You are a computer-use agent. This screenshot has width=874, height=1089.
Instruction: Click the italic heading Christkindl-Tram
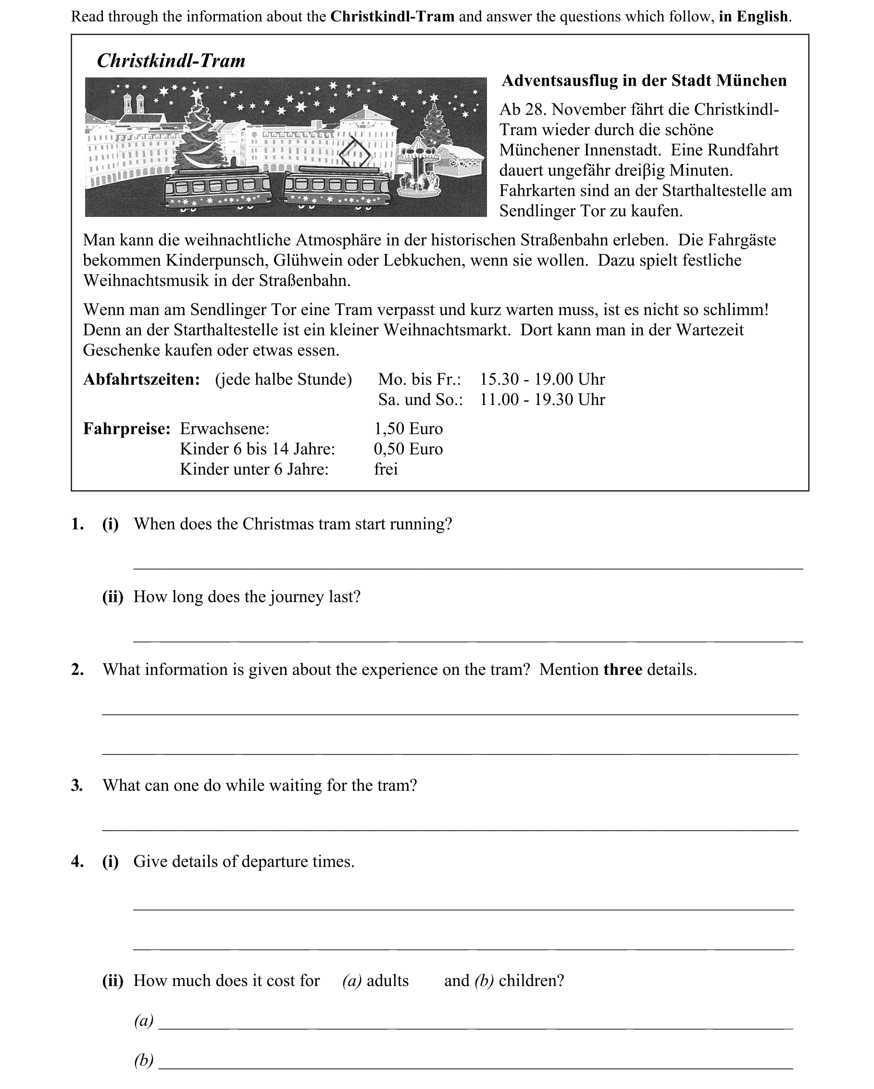coord(171,61)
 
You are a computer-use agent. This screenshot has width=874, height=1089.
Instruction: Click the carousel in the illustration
coord(418,167)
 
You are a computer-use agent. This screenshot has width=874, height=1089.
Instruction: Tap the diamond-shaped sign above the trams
coord(354,154)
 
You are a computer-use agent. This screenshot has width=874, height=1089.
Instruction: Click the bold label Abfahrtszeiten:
coord(141,380)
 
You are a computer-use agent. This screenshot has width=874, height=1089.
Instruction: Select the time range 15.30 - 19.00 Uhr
coord(542,380)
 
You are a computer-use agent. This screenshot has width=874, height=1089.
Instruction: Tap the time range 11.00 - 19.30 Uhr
coord(542,400)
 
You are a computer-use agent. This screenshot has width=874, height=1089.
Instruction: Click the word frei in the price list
coord(386,469)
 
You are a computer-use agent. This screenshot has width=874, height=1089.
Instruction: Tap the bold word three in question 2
coord(623,670)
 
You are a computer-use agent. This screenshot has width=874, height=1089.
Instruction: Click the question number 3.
coord(77,785)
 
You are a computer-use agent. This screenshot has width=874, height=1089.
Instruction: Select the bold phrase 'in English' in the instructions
coord(753,17)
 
